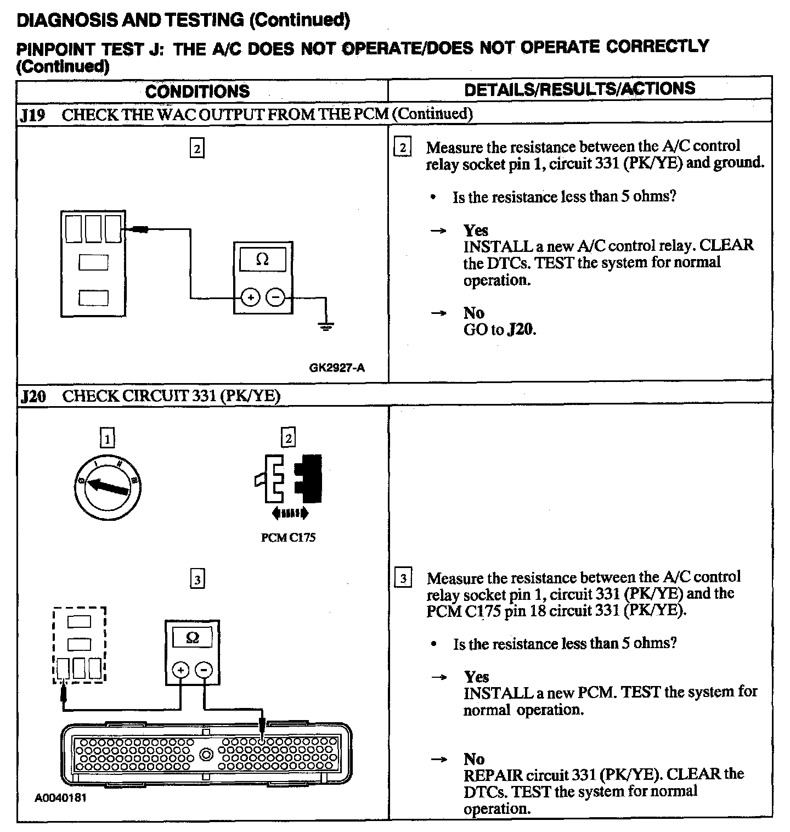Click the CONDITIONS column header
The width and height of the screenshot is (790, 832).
coord(198,91)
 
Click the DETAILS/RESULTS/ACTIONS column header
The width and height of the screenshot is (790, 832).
coord(579,89)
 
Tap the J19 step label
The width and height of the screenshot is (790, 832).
coord(32,115)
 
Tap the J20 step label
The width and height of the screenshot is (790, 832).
coord(32,396)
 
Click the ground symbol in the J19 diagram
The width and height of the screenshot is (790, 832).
coord(326,328)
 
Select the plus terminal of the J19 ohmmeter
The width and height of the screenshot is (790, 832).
coord(250,298)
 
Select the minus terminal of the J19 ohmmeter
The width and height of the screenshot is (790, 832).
coord(275,298)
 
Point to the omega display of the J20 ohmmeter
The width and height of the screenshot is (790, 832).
coord(193,638)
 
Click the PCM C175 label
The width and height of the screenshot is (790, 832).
coord(288,538)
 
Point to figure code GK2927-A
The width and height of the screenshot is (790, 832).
coord(337,368)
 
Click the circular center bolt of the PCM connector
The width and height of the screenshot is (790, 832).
coord(206,754)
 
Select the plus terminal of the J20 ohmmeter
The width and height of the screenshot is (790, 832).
coord(180,670)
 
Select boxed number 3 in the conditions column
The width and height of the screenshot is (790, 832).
coord(197,579)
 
